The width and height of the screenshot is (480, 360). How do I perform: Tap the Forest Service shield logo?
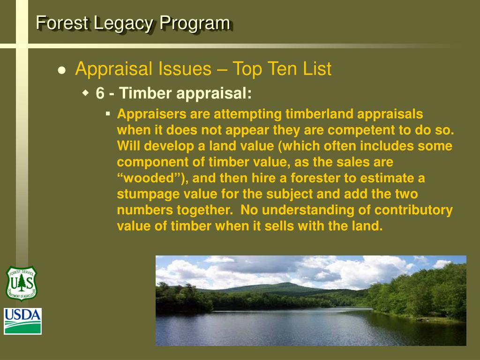[21, 283]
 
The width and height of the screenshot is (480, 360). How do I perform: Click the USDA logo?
[23, 321]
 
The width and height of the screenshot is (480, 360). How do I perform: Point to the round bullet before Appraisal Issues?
[61, 70]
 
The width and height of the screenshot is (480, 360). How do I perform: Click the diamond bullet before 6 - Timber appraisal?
[86, 93]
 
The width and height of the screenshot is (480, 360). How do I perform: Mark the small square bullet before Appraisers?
[108, 113]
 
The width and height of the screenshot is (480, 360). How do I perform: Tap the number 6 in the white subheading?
[100, 93]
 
